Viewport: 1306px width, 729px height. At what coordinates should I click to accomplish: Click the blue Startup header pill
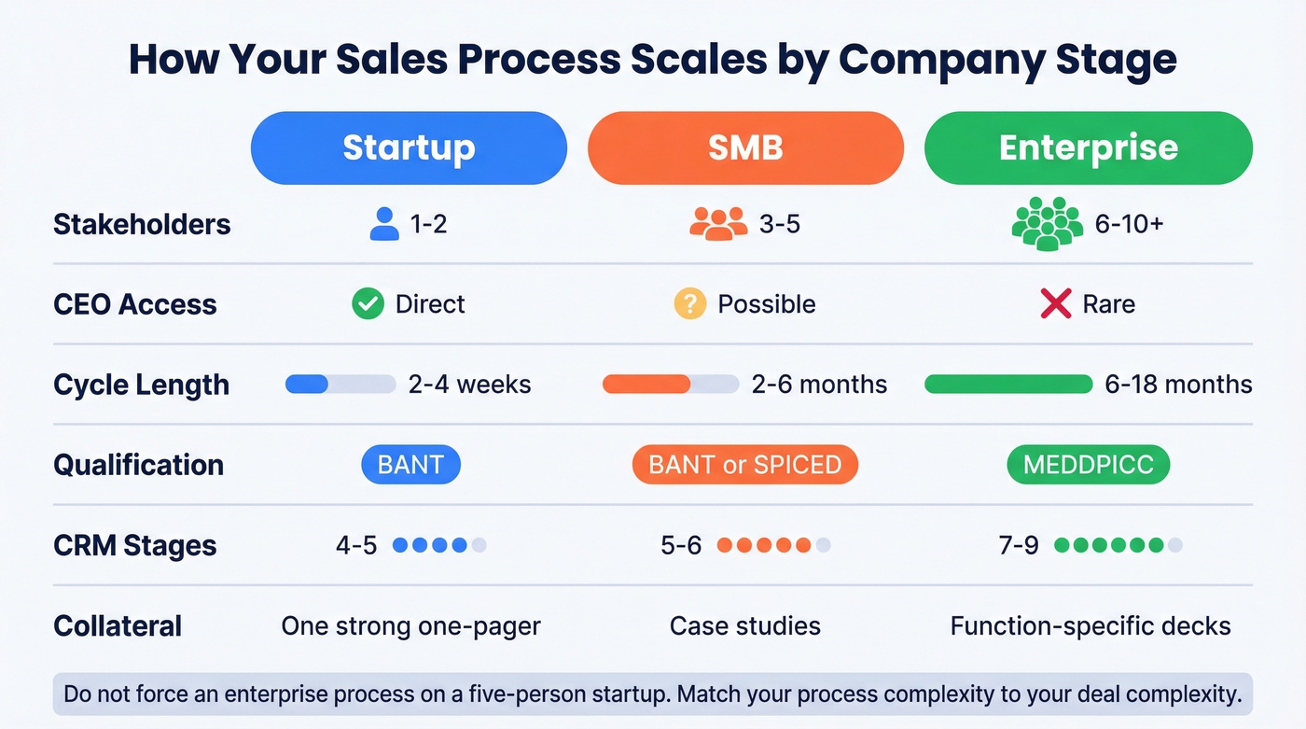click(x=409, y=147)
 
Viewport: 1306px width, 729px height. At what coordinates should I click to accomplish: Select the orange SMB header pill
click(x=745, y=147)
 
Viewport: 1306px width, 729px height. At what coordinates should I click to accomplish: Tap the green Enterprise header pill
click(x=1088, y=147)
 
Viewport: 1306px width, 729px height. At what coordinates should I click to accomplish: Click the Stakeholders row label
click(x=142, y=224)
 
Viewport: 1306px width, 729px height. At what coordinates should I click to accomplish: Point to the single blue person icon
click(x=384, y=224)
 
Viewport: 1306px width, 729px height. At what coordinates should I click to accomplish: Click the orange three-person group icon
click(x=718, y=224)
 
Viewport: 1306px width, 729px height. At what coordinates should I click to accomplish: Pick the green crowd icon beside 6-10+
click(x=1048, y=225)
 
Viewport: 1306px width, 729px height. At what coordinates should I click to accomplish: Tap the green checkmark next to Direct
click(x=368, y=304)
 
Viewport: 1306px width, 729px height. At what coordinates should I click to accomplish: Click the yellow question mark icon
click(x=689, y=304)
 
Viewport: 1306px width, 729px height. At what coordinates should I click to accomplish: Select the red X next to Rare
click(x=1055, y=304)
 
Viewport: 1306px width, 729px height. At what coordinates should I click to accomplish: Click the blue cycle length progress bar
click(x=340, y=384)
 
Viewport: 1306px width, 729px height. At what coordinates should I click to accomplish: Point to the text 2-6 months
click(x=819, y=385)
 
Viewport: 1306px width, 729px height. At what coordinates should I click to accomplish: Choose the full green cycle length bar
click(x=1007, y=384)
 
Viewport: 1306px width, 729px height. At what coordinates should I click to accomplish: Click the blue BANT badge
click(x=410, y=465)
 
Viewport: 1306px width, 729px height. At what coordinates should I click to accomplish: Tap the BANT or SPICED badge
click(x=744, y=465)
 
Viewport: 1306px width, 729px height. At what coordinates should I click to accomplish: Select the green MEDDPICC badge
click(x=1088, y=465)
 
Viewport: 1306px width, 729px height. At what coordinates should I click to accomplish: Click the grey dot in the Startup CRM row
click(x=479, y=545)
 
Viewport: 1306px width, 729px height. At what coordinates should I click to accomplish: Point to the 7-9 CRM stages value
click(x=1019, y=545)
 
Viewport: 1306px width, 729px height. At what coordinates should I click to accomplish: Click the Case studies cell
click(x=745, y=625)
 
